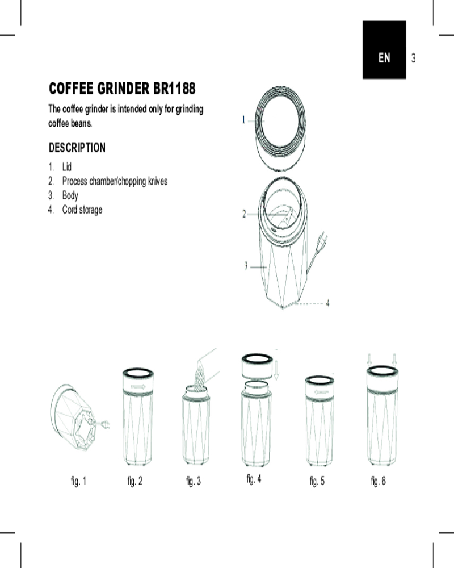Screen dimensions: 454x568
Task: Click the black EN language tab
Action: click(384, 49)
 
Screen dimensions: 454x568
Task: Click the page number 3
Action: click(414, 58)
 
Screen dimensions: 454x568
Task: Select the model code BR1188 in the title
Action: click(174, 89)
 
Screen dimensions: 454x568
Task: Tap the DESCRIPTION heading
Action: click(77, 148)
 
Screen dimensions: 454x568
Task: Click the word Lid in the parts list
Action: click(67, 166)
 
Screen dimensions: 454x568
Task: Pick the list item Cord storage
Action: click(82, 210)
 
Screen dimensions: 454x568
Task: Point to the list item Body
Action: click(70, 195)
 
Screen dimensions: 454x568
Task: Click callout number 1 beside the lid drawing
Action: click(243, 119)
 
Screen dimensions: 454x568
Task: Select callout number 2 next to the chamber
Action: click(244, 214)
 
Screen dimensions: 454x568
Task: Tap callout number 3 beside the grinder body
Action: click(246, 266)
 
